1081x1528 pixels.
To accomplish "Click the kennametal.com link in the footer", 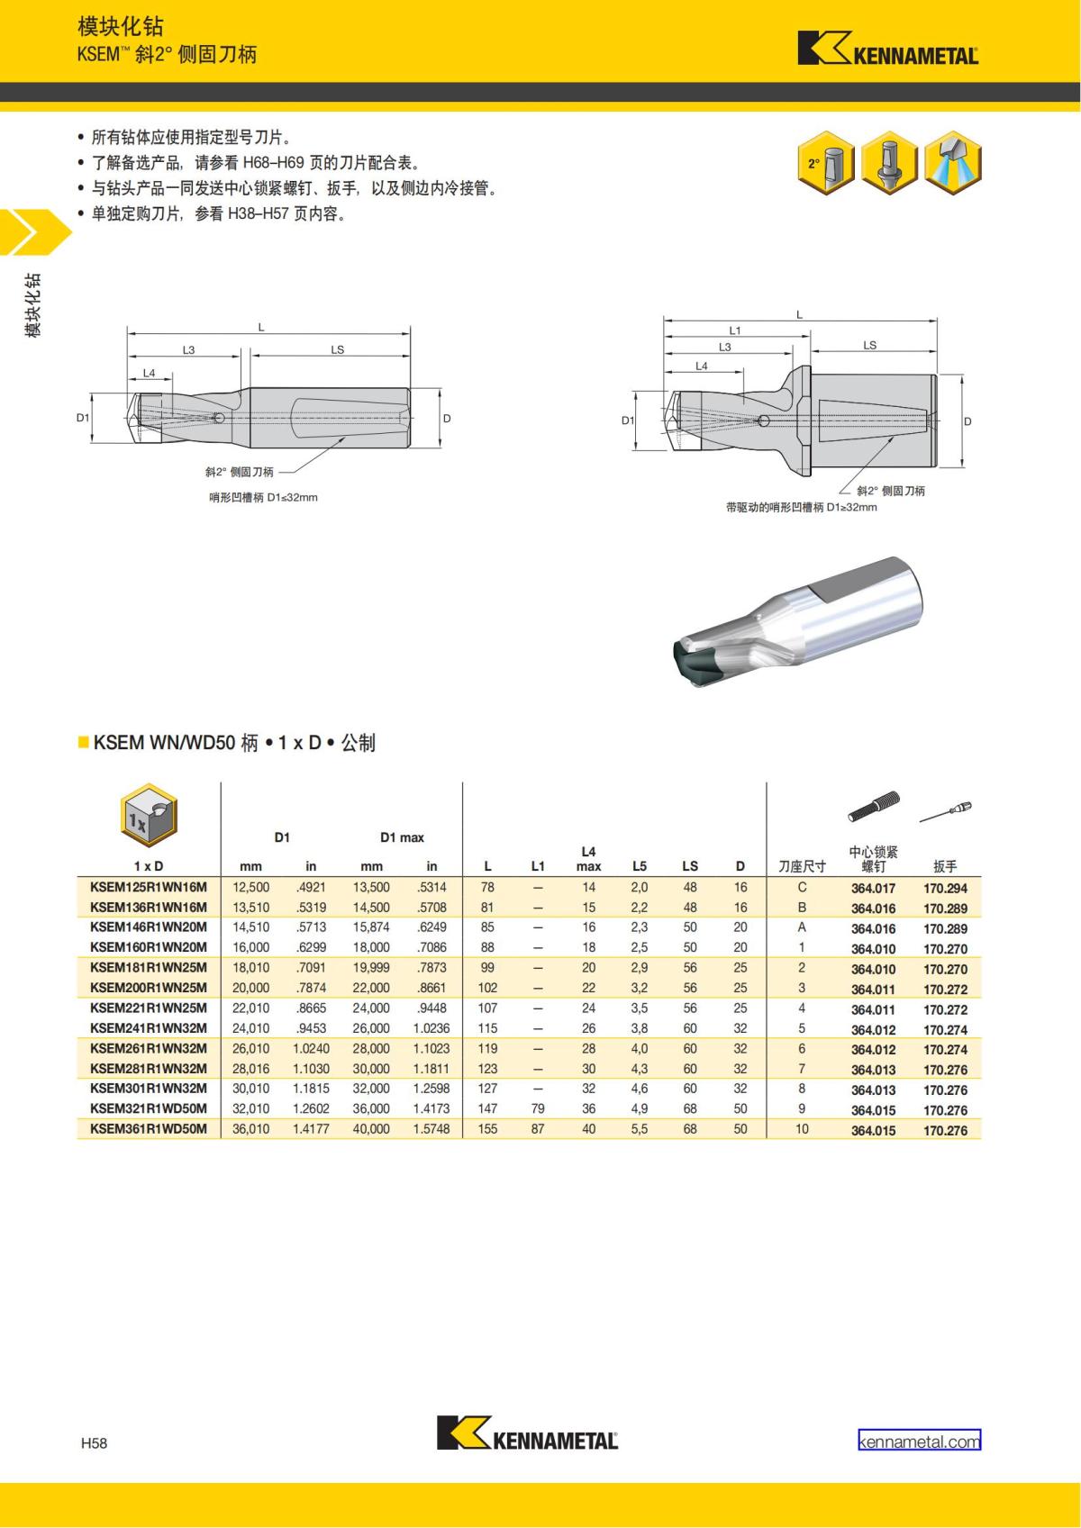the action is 919,1441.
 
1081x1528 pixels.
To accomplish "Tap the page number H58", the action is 95,1443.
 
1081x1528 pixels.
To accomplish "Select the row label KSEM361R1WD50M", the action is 148,1129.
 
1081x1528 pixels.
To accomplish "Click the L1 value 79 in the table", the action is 538,1108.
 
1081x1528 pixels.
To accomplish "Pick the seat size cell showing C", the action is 802,888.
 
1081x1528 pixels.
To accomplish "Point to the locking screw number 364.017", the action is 873,888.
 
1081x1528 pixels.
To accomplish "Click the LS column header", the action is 690,866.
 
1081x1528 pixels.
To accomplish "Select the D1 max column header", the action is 402,837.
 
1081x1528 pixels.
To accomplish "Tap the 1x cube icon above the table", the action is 149,815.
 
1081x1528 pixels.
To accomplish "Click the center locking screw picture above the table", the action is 874,806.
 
